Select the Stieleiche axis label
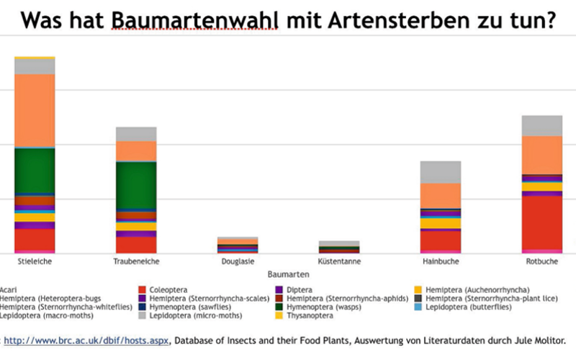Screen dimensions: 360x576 point(35,261)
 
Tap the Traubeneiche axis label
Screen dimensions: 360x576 point(136,261)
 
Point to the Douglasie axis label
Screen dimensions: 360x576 point(238,261)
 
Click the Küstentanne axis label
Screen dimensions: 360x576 point(338,261)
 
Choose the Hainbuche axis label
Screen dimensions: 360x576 point(441,261)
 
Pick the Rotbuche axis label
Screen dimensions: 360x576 point(541,261)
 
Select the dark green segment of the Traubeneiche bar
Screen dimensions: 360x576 point(136,185)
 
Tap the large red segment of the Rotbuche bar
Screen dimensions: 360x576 point(541,222)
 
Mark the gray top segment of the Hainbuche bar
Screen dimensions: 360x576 point(441,172)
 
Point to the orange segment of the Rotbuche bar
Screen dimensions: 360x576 point(541,155)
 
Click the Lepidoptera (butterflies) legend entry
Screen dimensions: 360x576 point(469,307)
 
